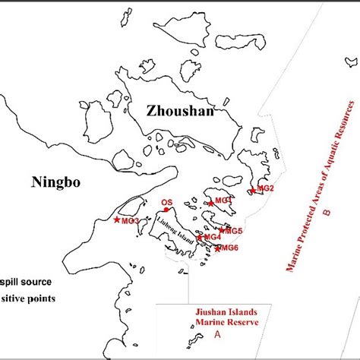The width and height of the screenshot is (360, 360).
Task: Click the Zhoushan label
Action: coord(180,112)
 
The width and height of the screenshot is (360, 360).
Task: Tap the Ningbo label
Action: coord(55,181)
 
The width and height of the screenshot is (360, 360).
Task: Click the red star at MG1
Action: coord(210,204)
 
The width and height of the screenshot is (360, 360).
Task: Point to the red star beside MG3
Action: coord(116,220)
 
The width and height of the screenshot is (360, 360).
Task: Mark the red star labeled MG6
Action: coord(218,248)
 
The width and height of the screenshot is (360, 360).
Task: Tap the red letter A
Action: coord(217,333)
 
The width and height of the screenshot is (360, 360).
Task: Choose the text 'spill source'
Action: coord(22,278)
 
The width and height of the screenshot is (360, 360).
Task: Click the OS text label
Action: coord(167,203)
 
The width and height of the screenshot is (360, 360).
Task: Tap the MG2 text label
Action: coord(266,188)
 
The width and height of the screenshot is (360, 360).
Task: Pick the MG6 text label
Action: coord(230,248)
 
